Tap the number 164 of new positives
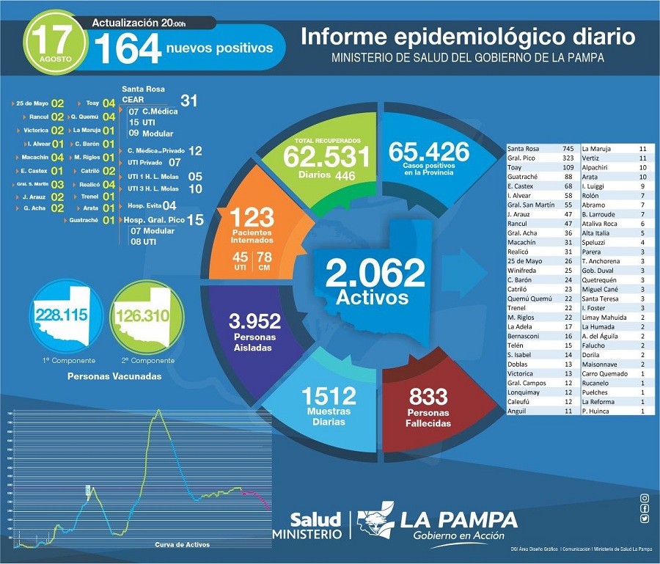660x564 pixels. click(x=127, y=49)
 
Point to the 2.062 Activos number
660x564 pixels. click(x=375, y=274)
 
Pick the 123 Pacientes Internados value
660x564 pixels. click(x=252, y=218)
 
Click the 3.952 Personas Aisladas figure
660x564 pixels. click(x=254, y=321)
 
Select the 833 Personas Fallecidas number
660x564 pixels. click(x=428, y=397)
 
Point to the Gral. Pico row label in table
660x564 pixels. click(x=523, y=158)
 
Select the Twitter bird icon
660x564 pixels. click(x=644, y=519)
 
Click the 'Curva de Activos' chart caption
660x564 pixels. click(x=182, y=544)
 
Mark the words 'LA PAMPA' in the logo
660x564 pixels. click(x=458, y=520)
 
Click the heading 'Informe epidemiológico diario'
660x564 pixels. click(x=468, y=37)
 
